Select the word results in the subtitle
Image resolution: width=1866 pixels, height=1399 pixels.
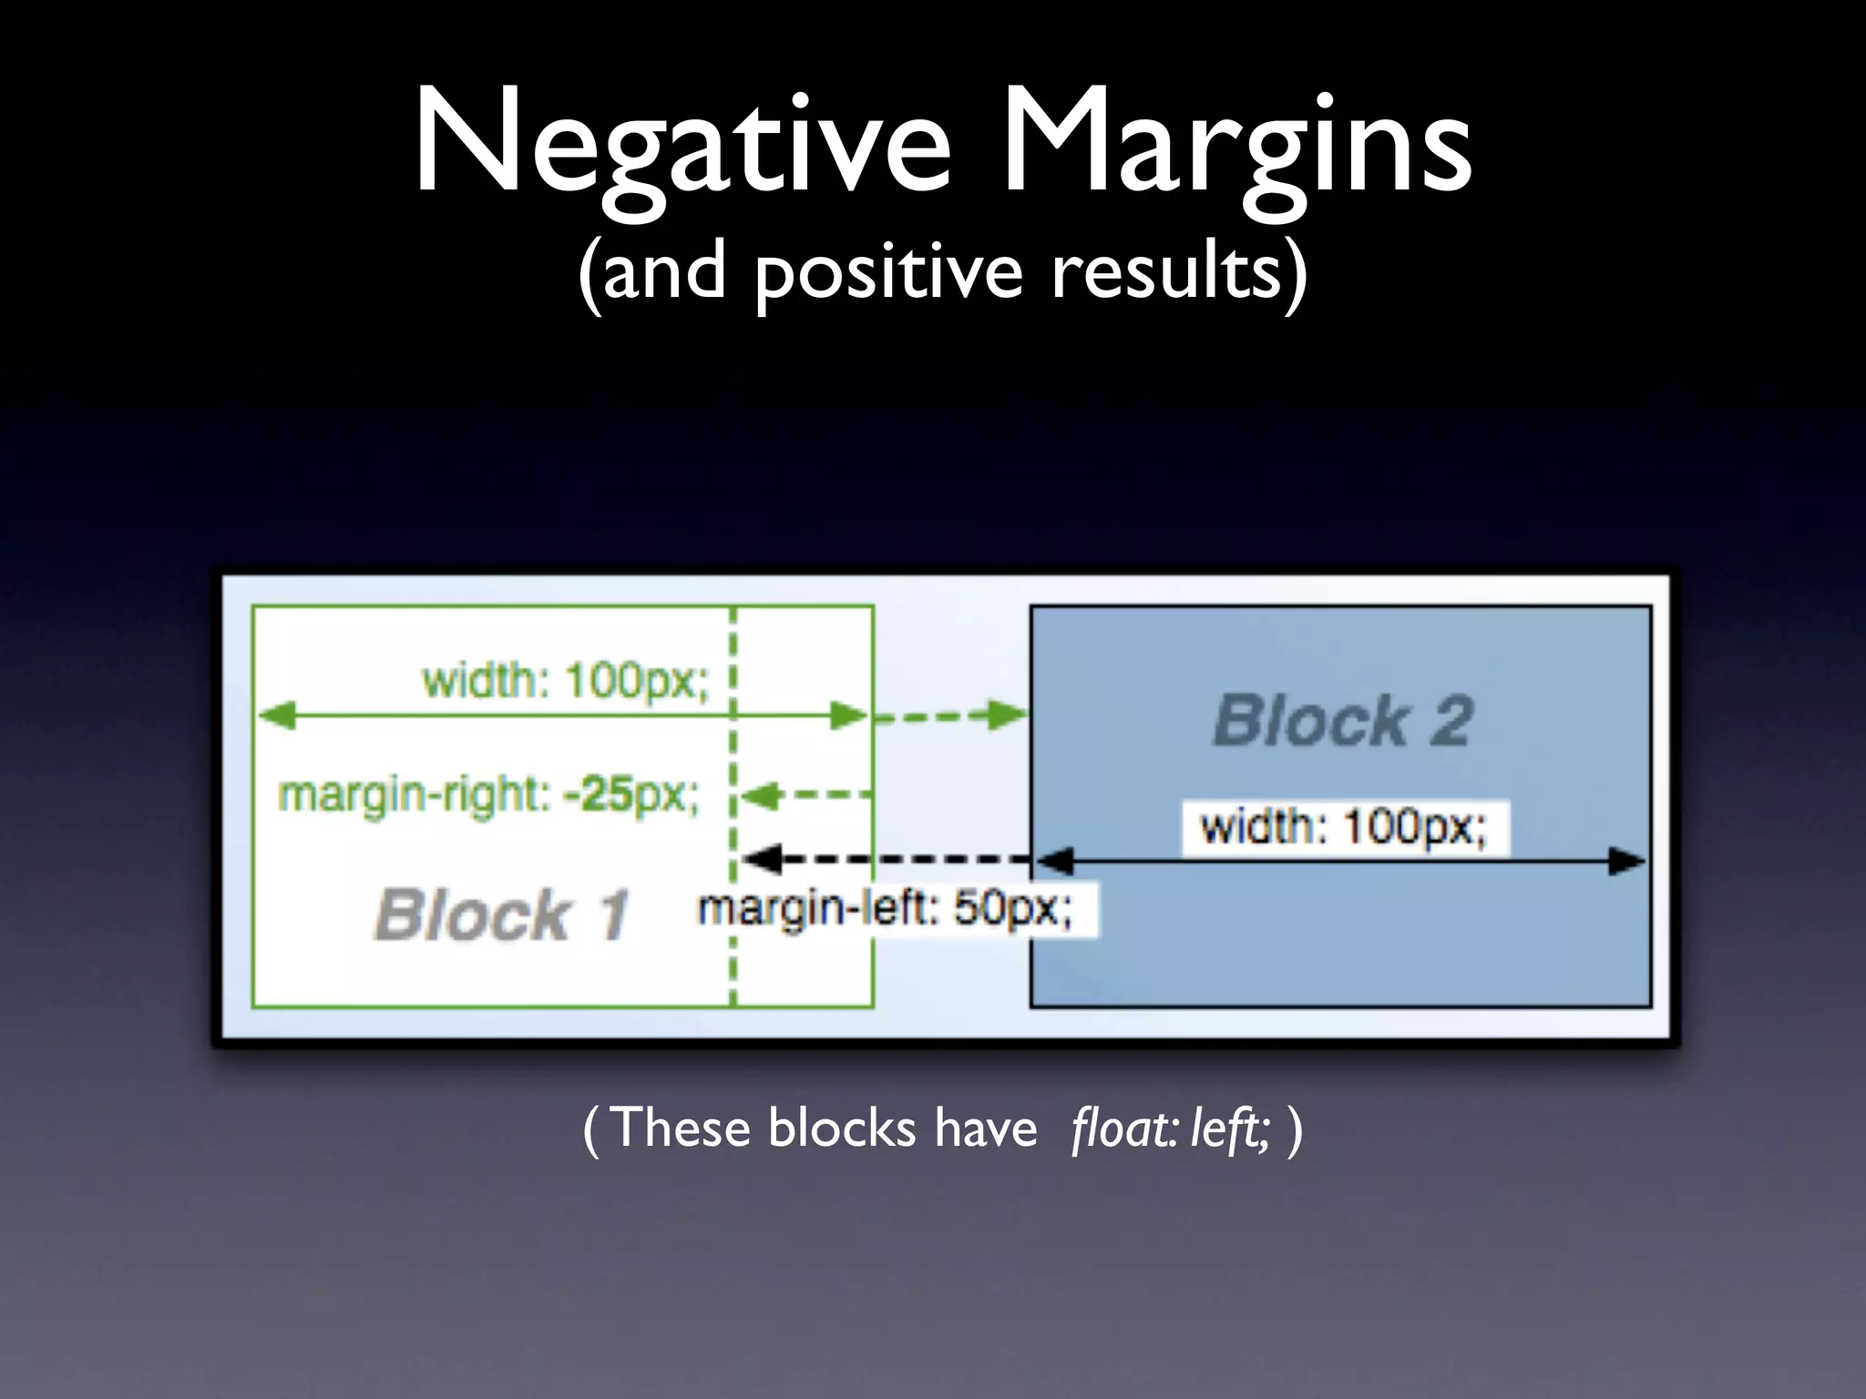coord(1169,271)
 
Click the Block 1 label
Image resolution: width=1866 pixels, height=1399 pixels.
coord(501,914)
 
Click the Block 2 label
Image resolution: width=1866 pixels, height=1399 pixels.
coord(1342,721)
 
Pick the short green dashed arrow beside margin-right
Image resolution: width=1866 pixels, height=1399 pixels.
coord(806,796)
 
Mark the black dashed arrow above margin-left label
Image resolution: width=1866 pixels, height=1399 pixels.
coord(888,859)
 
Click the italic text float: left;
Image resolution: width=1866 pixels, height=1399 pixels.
coord(1172,1128)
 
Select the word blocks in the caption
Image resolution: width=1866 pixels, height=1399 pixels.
coord(842,1128)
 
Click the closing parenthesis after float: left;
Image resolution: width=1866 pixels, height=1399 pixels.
coord(1296,1130)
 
